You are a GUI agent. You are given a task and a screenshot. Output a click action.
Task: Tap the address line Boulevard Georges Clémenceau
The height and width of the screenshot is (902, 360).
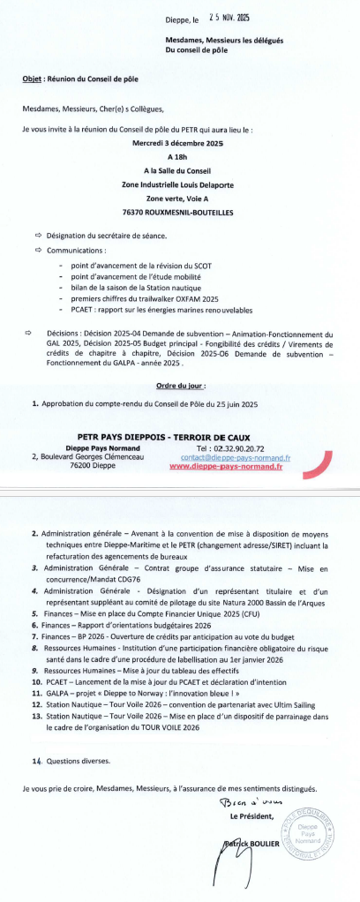91,456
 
